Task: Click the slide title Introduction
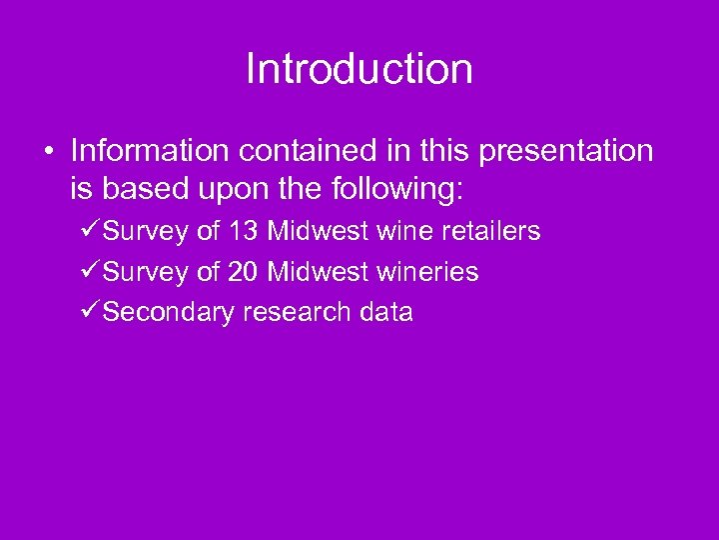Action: coord(359,69)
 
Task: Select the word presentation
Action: coord(566,151)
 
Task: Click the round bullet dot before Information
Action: coord(48,152)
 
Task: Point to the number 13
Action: coord(243,232)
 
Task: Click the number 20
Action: coord(243,272)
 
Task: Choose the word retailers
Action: coord(490,232)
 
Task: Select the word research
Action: coord(297,312)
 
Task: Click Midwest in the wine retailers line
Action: coord(318,232)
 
